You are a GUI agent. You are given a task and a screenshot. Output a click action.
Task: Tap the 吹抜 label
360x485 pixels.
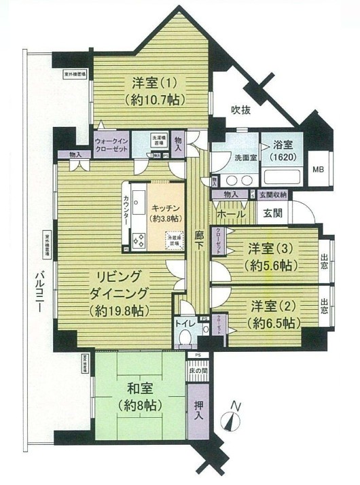coord(242,109)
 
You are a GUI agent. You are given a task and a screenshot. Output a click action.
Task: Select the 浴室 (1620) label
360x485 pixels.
coord(280,149)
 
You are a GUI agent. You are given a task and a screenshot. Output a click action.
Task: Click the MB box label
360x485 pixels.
coord(317,169)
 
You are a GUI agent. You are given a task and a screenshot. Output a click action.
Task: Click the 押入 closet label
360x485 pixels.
coord(198,408)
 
